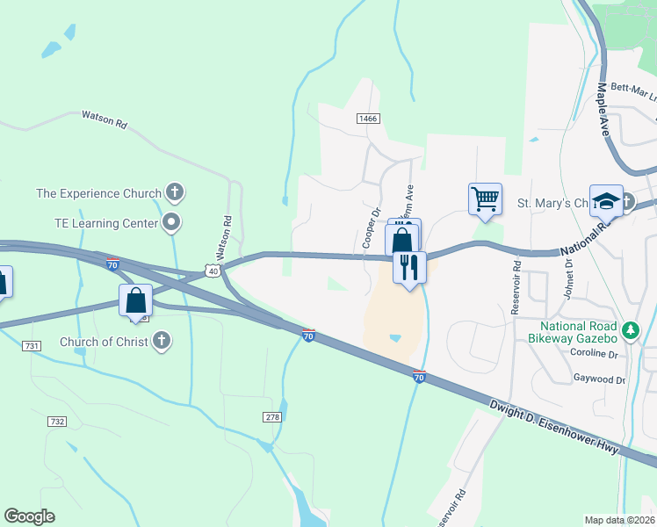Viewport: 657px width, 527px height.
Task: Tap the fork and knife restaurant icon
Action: (408, 266)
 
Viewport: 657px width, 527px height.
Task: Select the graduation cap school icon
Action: (605, 201)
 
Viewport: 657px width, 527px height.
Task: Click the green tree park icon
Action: (629, 330)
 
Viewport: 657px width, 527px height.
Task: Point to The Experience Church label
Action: (98, 193)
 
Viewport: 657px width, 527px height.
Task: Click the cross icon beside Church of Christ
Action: (161, 341)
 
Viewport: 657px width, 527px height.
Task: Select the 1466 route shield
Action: (367, 118)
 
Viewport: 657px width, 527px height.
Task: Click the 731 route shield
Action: (32, 346)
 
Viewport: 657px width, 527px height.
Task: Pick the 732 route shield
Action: (58, 422)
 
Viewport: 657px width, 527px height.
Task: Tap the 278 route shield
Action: (271, 416)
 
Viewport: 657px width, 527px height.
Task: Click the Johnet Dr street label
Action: (568, 280)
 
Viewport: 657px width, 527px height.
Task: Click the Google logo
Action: (29, 516)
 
